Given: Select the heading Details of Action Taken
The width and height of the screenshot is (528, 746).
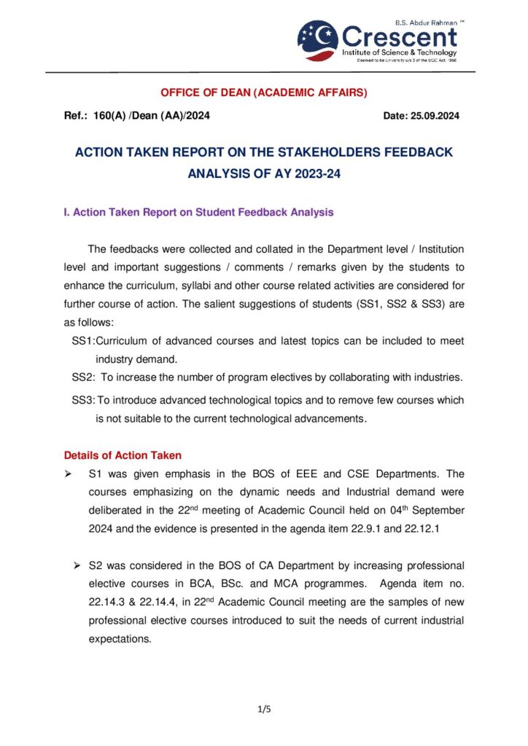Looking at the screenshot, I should [123, 456].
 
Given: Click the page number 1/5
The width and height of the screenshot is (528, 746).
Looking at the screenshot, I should [264, 708].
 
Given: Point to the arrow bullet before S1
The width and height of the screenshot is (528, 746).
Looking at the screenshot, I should [69, 474].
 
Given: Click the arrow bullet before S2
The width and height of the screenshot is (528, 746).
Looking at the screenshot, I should [77, 565].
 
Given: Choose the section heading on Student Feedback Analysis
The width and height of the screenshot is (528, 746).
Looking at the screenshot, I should [198, 213].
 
